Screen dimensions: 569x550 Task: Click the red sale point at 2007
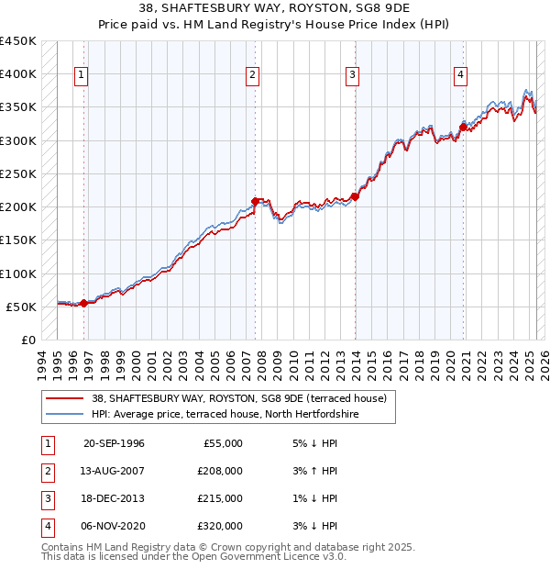click(x=255, y=201)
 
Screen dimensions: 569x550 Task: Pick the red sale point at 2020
click(x=463, y=127)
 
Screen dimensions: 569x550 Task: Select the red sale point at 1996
click(x=83, y=303)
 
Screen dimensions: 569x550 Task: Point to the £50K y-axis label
click(x=21, y=307)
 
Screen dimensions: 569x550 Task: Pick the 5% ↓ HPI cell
click(x=313, y=443)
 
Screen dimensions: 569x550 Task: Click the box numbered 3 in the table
click(x=46, y=498)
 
